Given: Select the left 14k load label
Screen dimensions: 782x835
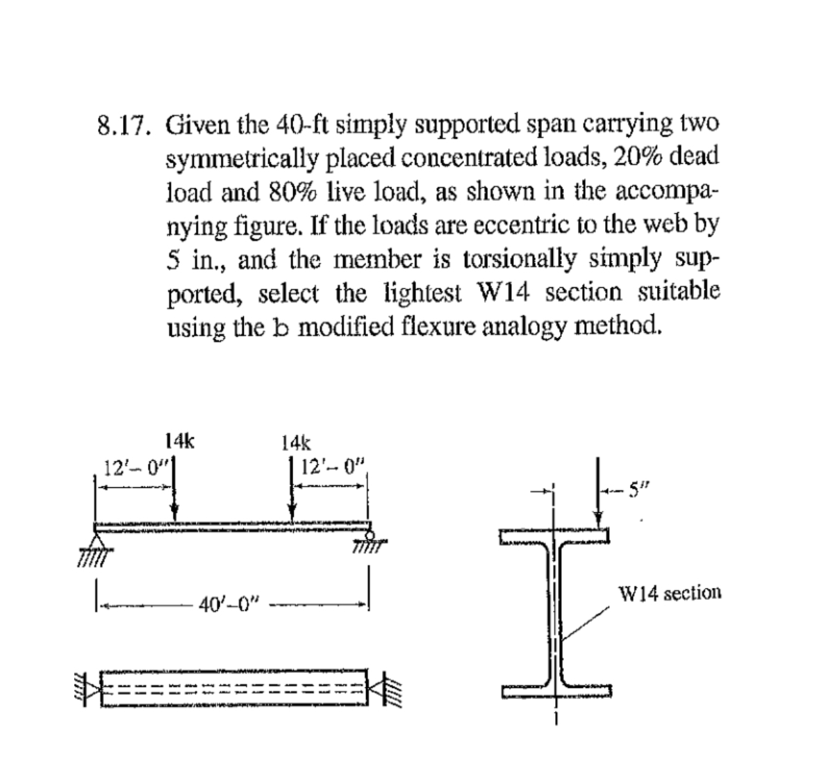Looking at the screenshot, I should [180, 441].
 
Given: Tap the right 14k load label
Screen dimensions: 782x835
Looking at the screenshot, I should [297, 442].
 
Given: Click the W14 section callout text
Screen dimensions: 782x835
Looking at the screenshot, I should [669, 593].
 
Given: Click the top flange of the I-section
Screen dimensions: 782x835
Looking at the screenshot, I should [554, 535].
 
